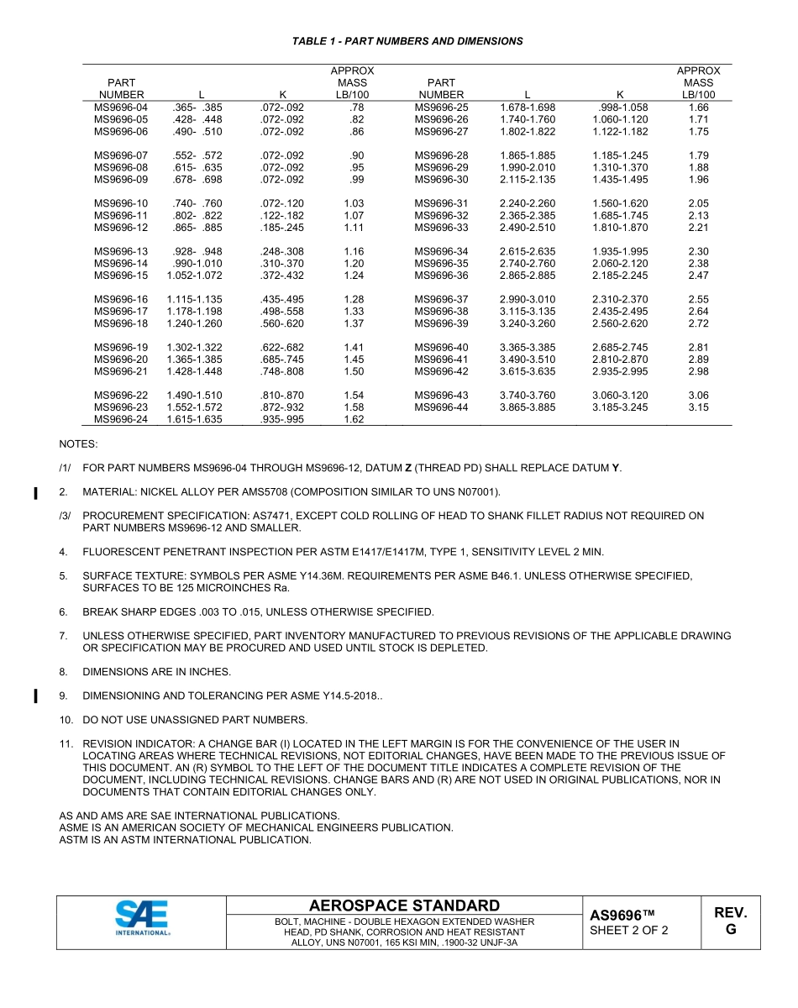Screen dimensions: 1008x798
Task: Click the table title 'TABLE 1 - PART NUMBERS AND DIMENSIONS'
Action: pyautogui.click(x=407, y=41)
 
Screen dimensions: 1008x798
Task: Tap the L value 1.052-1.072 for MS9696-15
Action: pyautogui.click(x=194, y=276)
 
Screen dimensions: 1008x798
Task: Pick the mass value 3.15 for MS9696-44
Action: pyautogui.click(x=698, y=407)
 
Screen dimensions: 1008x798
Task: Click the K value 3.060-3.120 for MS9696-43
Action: pyautogui.click(x=620, y=396)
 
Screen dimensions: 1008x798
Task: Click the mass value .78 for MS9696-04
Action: pyautogui.click(x=356, y=108)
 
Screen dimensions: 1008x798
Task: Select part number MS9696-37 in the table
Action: pyautogui.click(x=441, y=300)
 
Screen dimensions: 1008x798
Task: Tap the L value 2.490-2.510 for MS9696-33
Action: pyautogui.click(x=527, y=228)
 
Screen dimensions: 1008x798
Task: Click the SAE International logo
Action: pyautogui.click(x=142, y=918)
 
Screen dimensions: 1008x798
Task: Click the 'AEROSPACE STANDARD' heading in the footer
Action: pyautogui.click(x=404, y=906)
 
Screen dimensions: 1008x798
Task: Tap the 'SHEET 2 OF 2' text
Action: pyautogui.click(x=629, y=931)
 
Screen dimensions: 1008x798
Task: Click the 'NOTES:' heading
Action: pyautogui.click(x=78, y=443)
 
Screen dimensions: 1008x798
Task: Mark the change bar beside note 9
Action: pyautogui.click(x=35, y=696)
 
